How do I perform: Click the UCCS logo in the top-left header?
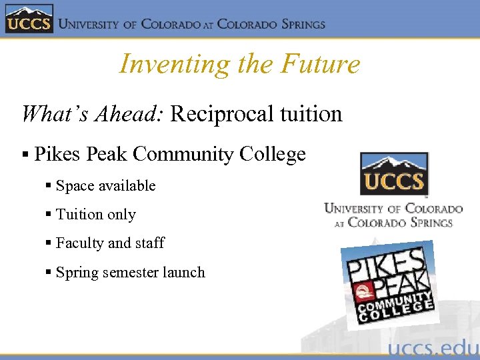tap(29, 19)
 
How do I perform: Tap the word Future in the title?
tap(321, 64)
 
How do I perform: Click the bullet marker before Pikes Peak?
tap(25, 155)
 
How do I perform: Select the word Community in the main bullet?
tap(192, 155)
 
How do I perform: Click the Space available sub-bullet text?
tap(105, 186)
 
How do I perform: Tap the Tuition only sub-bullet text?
tap(96, 215)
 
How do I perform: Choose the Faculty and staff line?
tap(110, 243)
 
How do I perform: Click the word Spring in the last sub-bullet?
tap(77, 272)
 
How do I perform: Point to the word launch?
tap(185, 272)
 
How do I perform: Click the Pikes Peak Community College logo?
tap(389, 283)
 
